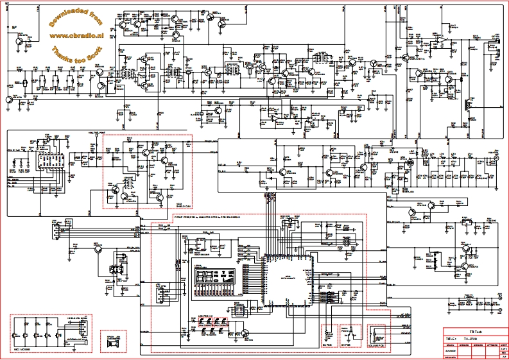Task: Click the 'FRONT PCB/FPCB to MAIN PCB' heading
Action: (205, 218)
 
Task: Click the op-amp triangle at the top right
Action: (442, 40)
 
